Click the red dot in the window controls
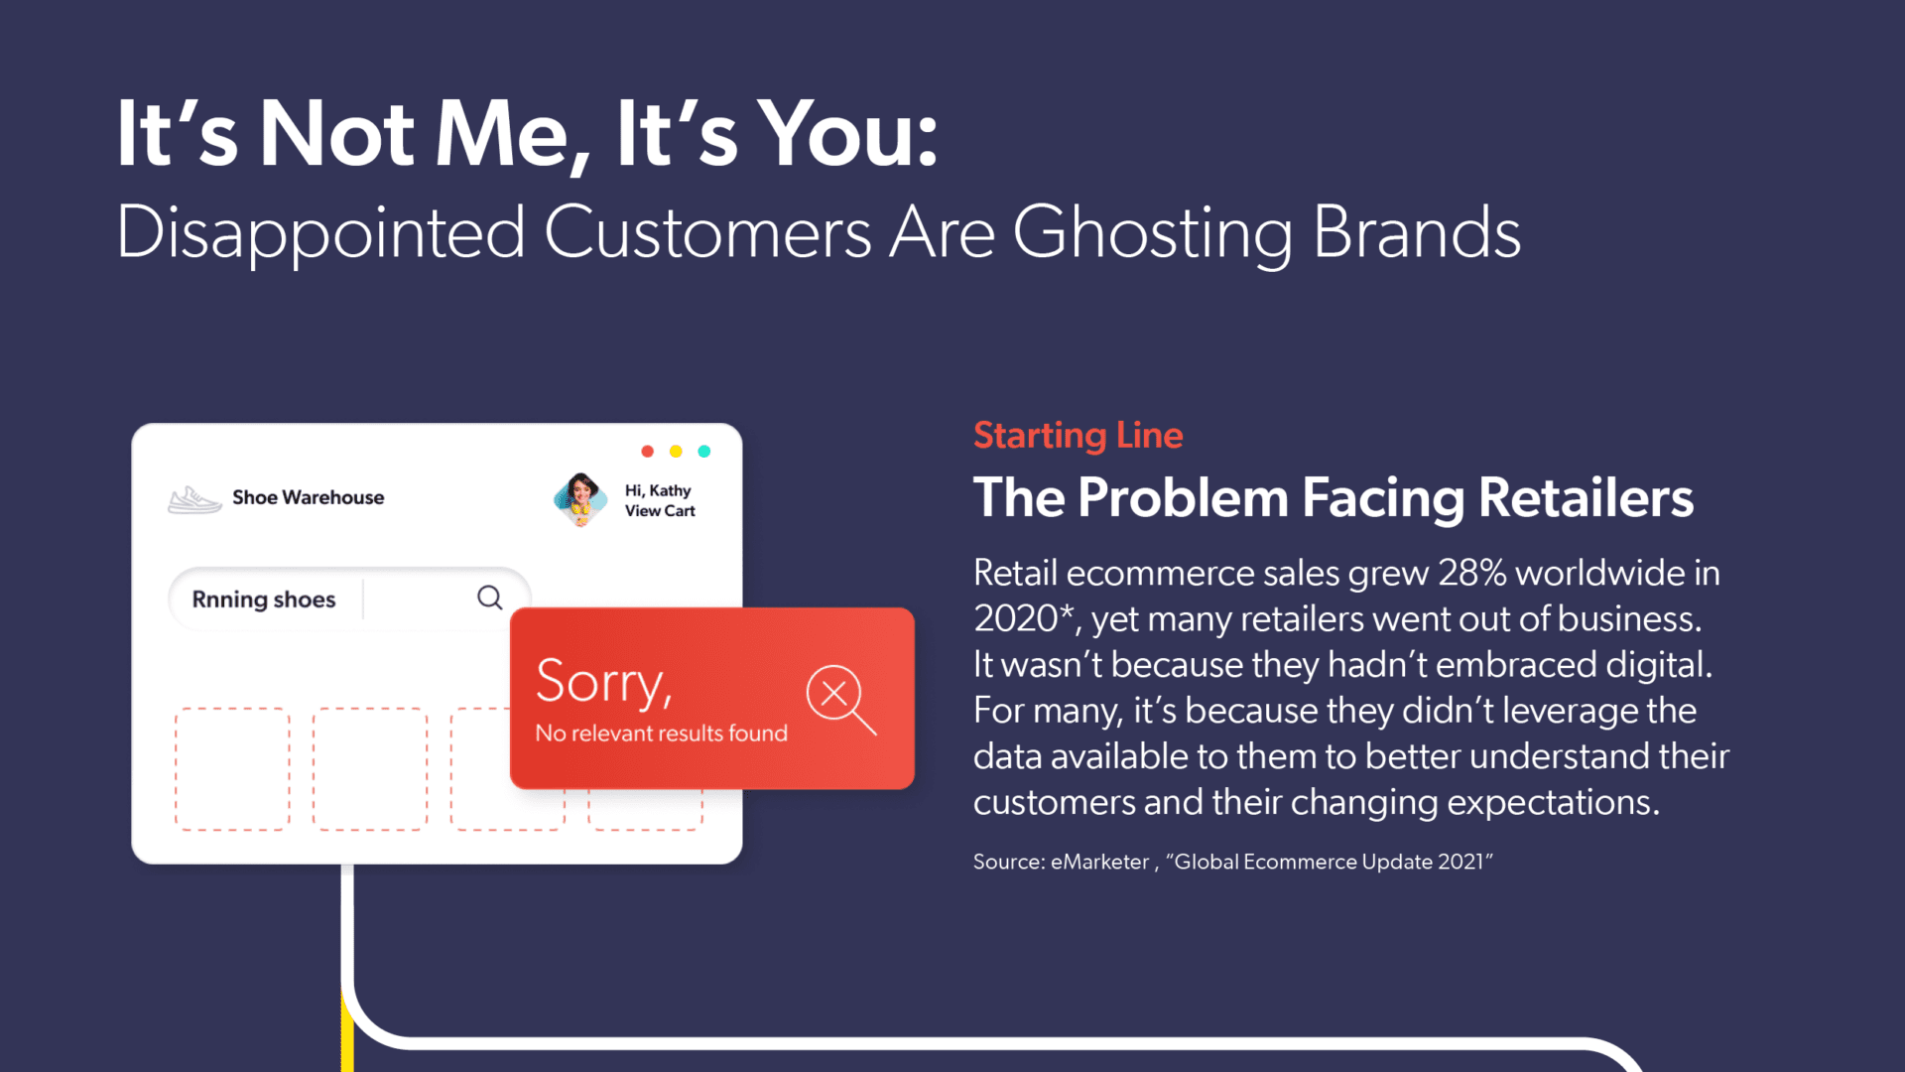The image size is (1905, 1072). (647, 452)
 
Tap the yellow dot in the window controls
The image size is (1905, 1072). (676, 452)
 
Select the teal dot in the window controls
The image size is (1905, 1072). (704, 452)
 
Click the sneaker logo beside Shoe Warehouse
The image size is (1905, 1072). (194, 499)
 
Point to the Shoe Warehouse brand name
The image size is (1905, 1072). (308, 497)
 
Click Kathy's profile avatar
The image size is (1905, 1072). (580, 499)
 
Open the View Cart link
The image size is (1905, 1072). (660, 511)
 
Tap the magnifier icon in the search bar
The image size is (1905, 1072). (490, 598)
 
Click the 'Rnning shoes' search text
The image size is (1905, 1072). (264, 600)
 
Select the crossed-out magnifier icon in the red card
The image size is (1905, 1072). (839, 698)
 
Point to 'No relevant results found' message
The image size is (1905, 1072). (661, 734)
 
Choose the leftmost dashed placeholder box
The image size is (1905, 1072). (232, 768)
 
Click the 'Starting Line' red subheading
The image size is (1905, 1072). (1078, 435)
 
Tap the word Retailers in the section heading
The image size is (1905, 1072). (1586, 497)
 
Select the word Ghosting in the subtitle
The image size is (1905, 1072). (1153, 233)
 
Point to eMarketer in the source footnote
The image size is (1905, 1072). (1099, 862)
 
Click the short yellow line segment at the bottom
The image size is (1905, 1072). (347, 1032)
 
